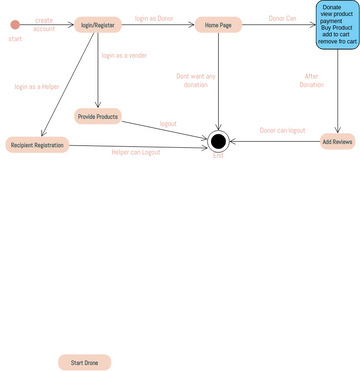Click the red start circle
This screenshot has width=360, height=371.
tap(15, 25)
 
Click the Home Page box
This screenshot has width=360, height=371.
tap(218, 25)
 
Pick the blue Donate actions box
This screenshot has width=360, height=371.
tap(337, 25)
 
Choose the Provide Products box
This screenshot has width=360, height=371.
tap(98, 117)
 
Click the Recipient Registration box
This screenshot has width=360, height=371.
tap(37, 145)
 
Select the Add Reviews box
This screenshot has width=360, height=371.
tap(337, 142)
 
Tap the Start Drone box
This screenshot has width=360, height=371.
tap(84, 362)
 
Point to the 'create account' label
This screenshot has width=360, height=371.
tap(44, 24)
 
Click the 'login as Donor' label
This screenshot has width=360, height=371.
tap(153, 18)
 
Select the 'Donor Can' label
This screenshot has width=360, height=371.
tap(283, 18)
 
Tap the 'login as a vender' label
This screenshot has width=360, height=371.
tap(124, 56)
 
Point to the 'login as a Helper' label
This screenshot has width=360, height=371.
tap(37, 87)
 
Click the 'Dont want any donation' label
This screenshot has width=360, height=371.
tap(196, 80)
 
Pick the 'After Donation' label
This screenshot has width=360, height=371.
tap(312, 80)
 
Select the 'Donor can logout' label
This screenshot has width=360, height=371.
tap(282, 131)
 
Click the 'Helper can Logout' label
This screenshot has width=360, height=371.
tap(135, 152)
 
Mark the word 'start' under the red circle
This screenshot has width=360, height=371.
tap(14, 38)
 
